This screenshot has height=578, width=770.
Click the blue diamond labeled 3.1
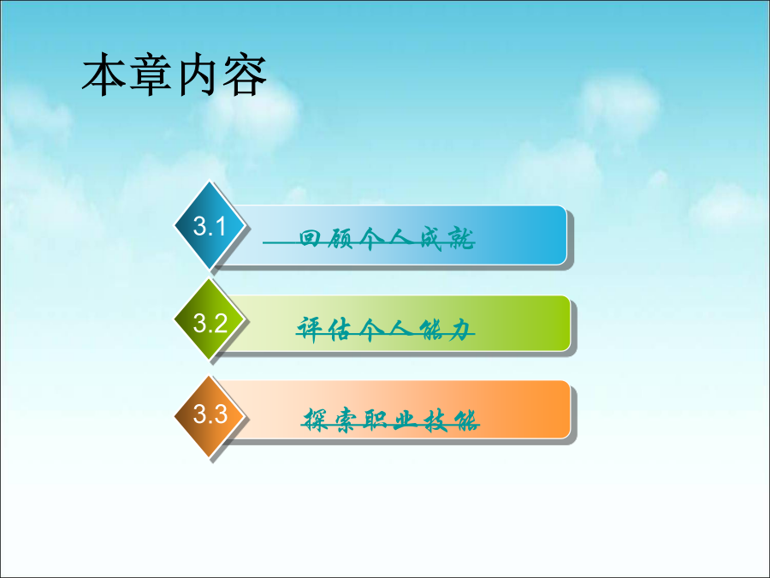pos(210,225)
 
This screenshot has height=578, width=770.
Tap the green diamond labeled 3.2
pos(210,319)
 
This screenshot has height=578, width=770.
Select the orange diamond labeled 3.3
pos(210,416)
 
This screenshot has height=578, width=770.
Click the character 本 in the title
pos(104,74)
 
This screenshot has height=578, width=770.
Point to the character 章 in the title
pos(151,74)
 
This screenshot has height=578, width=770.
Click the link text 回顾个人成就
pos(387,239)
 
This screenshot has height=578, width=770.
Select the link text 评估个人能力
pos(386,329)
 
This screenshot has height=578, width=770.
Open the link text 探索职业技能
pos(391,420)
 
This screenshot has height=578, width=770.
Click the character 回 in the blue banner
pos(310,238)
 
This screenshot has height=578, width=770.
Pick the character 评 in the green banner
pos(311,329)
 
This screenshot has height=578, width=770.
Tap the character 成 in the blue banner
pos(432,239)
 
